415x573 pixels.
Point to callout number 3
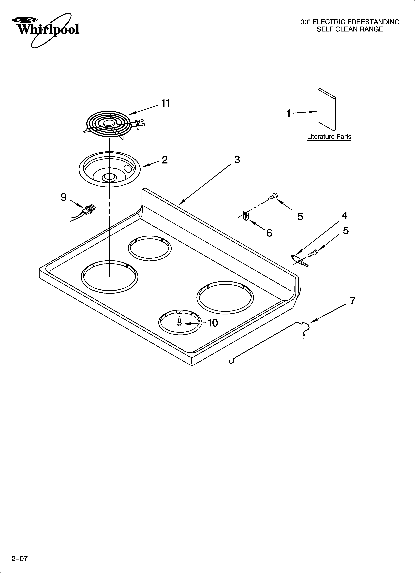(x=237, y=160)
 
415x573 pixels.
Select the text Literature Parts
(x=329, y=137)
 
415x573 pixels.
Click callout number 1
(x=288, y=114)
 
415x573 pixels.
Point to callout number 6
(x=269, y=233)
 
